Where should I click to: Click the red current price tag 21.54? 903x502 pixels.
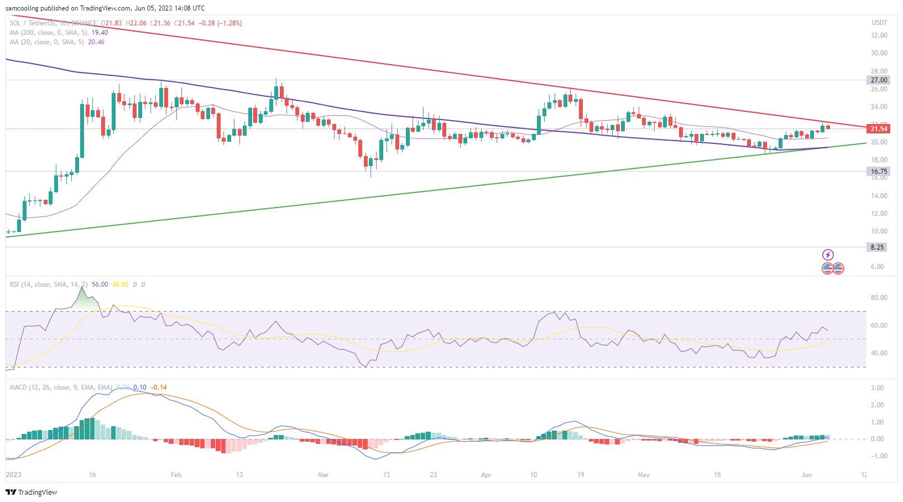[x=879, y=129]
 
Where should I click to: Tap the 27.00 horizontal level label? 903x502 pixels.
[x=879, y=80]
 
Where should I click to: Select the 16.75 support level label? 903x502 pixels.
[x=879, y=172]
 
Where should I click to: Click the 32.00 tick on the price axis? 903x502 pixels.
[x=879, y=35]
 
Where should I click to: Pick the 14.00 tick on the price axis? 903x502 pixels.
[x=879, y=196]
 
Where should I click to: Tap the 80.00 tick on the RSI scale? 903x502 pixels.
[x=879, y=298]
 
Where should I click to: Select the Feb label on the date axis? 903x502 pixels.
[x=176, y=475]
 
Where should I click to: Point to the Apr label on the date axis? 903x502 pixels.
[x=486, y=475]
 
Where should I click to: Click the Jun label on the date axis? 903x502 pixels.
[x=806, y=475]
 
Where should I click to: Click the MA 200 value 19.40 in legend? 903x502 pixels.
[x=99, y=33]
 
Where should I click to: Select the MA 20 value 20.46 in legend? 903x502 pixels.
[x=96, y=42]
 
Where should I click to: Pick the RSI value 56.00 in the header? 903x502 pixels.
[x=100, y=284]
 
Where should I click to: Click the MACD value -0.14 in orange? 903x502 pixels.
[x=159, y=387]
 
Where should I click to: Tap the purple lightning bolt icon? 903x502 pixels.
[x=828, y=255]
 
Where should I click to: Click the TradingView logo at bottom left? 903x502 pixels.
[x=32, y=492]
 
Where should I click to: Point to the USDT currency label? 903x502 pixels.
[x=879, y=23]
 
